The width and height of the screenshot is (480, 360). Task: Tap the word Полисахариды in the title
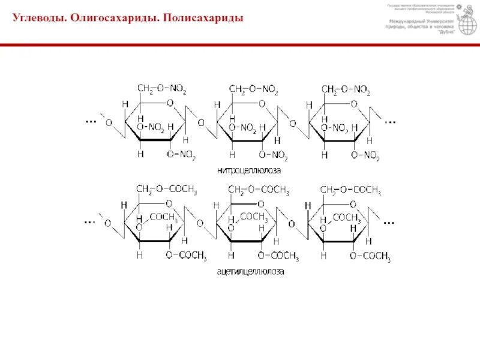pyautogui.click(x=204, y=19)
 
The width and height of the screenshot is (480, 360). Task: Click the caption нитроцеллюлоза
pyautogui.click(x=249, y=170)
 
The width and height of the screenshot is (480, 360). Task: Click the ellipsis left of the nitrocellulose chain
pyautogui.click(x=91, y=121)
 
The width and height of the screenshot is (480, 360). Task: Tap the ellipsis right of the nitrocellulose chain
pyautogui.click(x=390, y=121)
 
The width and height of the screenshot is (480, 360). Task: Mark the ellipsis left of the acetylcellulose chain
pyautogui.click(x=91, y=221)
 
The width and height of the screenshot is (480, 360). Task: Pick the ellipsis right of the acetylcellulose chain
pyautogui.click(x=390, y=221)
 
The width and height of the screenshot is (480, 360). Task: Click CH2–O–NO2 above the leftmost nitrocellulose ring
pyautogui.click(x=162, y=89)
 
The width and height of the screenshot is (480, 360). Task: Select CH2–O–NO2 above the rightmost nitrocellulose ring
pyautogui.click(x=346, y=90)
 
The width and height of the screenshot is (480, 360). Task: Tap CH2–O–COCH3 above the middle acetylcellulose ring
pyautogui.click(x=259, y=190)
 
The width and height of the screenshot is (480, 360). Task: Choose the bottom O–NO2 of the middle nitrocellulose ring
pyautogui.click(x=274, y=155)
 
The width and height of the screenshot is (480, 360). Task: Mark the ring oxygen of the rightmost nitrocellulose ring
pyautogui.click(x=354, y=103)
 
